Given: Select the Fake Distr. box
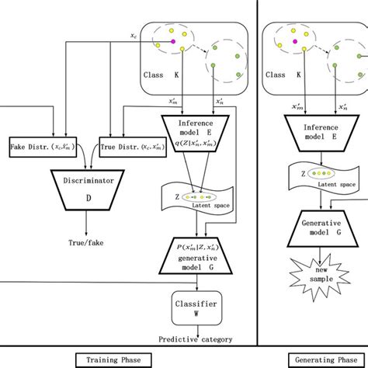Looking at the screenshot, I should (42, 147).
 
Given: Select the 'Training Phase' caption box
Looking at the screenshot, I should (113, 360).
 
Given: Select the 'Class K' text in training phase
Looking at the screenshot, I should (161, 75).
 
